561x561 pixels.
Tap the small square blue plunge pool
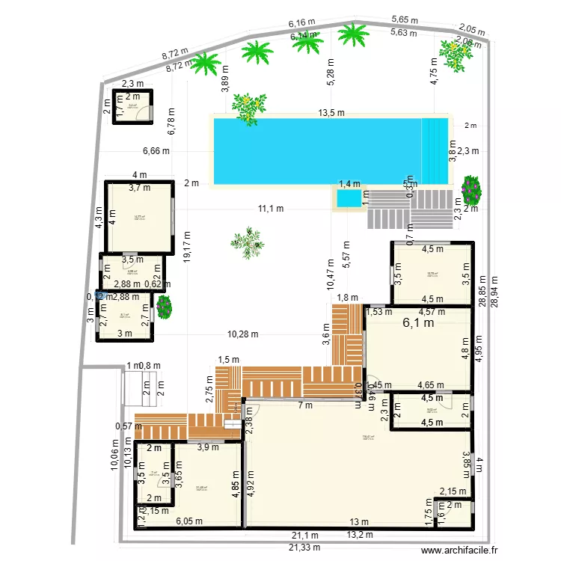coord(346,199)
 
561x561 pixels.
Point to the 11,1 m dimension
coord(271,209)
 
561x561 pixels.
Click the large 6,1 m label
coord(418,323)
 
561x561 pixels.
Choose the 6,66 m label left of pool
coord(156,150)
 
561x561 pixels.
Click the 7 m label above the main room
coord(304,406)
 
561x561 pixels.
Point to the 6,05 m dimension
coord(189,521)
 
